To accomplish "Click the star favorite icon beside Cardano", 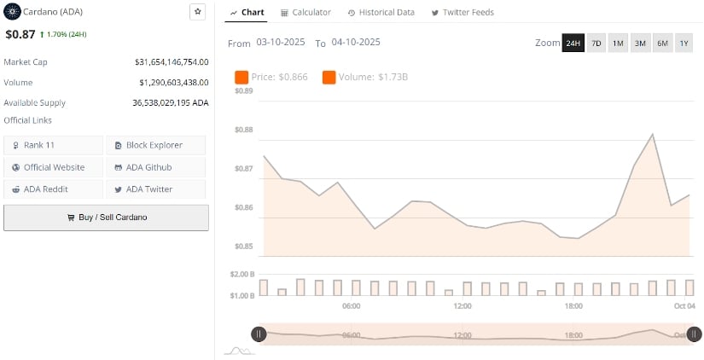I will pos(197,12).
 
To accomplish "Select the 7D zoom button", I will pos(596,43).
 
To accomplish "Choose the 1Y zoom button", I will pos(684,43).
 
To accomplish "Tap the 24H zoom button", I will pos(573,43).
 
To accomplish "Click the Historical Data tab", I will pos(381,13).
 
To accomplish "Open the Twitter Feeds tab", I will pos(462,13).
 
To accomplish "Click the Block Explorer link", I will pos(155,145).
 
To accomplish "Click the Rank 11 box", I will pos(53,145).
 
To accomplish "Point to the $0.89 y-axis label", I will pos(244,90).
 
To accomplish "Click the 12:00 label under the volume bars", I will pos(463,306).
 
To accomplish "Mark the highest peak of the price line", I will pos(653,134).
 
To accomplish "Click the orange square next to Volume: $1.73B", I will pos(329,78).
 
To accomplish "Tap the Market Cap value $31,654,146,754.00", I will pos(172,62).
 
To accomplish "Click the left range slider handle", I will pos(259,334).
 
